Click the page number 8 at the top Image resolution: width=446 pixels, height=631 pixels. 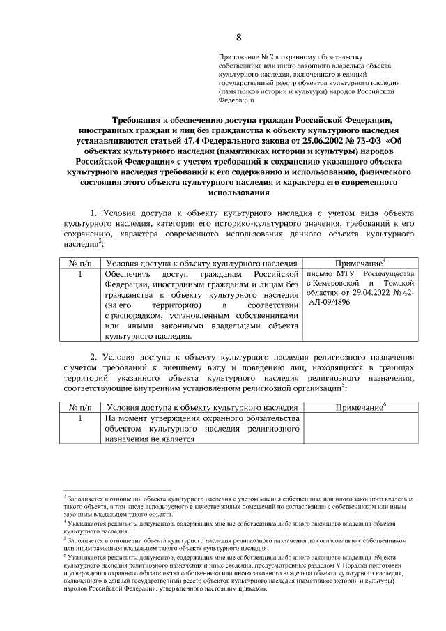(239, 37)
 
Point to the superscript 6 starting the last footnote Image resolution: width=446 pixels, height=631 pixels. (65, 556)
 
